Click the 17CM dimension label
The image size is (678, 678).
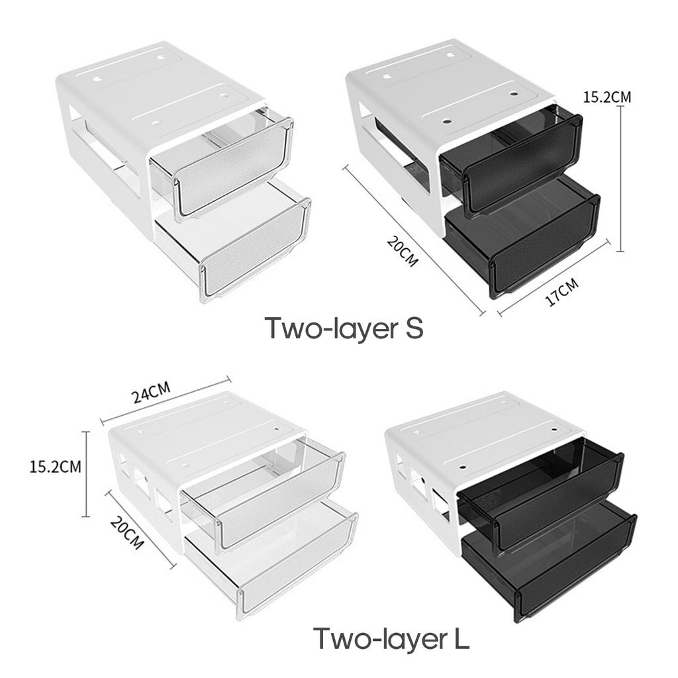561,292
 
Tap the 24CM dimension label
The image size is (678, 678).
152,394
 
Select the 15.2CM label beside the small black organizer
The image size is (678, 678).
606,97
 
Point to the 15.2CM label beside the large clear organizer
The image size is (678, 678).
56,466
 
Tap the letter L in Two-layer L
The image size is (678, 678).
460,639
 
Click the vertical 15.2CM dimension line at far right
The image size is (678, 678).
620,179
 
